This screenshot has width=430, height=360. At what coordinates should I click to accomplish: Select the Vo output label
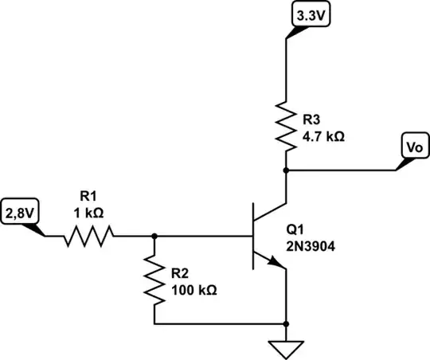point(412,148)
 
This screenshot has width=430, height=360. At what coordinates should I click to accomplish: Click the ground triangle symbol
point(285,348)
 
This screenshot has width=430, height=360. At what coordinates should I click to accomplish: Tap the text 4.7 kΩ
point(322,136)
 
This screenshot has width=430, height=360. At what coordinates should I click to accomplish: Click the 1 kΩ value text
point(88,213)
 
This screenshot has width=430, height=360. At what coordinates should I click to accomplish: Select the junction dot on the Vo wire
point(285,170)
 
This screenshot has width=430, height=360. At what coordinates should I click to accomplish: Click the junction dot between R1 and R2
point(154,236)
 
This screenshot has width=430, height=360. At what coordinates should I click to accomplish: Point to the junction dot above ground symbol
point(285,324)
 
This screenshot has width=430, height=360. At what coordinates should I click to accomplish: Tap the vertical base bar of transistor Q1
point(253,236)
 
